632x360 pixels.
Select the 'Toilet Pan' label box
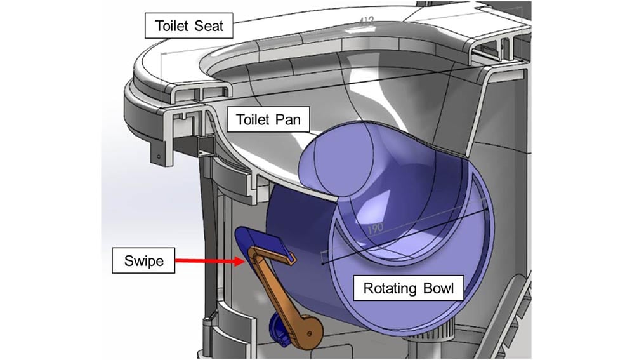[x=264, y=119]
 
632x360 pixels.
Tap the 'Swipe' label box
[x=143, y=260]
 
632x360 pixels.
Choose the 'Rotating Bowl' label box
[x=408, y=289]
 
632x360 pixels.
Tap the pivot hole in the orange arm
[x=309, y=331]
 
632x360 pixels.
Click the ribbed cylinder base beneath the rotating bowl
[x=448, y=330]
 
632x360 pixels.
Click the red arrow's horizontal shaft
[x=203, y=260]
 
